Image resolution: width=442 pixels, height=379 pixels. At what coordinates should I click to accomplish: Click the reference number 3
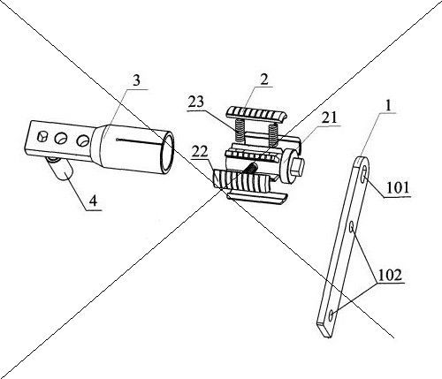tap(136, 80)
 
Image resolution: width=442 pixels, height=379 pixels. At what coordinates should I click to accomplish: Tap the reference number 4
tap(93, 201)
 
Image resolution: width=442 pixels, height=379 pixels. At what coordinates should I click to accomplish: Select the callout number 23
tap(196, 102)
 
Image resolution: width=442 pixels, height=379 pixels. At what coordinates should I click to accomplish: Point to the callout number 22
tap(200, 152)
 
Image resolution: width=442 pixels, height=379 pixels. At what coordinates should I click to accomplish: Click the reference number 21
tap(329, 117)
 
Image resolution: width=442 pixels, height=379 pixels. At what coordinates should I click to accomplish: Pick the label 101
tap(398, 187)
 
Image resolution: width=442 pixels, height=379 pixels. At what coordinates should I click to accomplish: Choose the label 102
tap(390, 276)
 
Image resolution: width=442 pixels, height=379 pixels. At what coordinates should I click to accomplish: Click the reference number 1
tap(389, 105)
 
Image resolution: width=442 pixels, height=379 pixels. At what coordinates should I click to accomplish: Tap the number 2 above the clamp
tap(264, 80)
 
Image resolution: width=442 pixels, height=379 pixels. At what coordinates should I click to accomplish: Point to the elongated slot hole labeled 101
tap(365, 173)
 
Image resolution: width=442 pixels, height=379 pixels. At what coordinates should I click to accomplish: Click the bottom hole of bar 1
tap(331, 315)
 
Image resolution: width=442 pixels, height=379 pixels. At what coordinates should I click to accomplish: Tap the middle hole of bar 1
tap(352, 227)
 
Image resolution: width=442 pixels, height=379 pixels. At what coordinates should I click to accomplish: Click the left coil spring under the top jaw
tap(240, 130)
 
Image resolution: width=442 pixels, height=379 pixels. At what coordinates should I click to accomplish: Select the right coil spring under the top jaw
tap(273, 134)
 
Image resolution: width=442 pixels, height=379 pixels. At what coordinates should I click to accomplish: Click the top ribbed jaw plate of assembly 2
tap(256, 114)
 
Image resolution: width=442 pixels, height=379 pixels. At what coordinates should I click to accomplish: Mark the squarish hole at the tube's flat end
tap(42, 137)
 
